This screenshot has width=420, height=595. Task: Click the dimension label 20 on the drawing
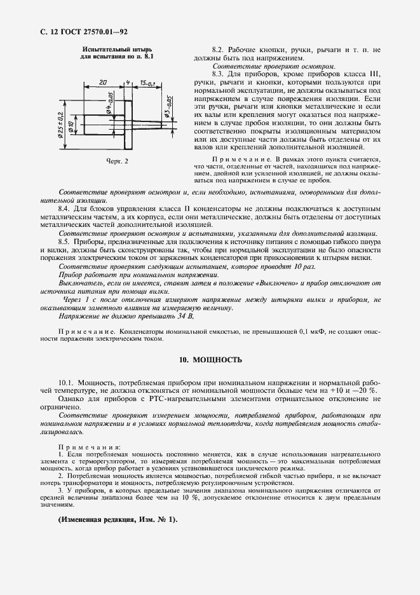click(x=103, y=82)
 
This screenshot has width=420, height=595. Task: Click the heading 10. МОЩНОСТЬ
click(x=210, y=360)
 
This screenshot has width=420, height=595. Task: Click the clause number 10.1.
click(x=67, y=382)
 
